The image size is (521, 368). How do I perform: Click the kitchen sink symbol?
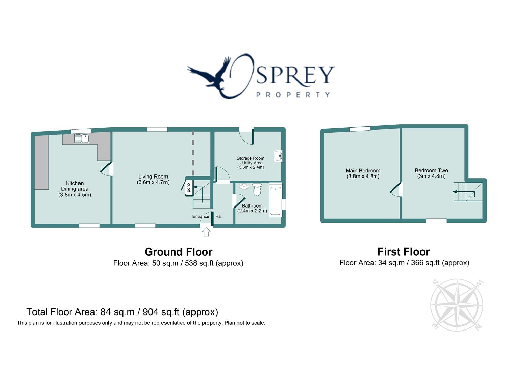82,138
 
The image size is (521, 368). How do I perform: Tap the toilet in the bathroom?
257,189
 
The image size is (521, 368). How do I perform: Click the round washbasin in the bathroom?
244,187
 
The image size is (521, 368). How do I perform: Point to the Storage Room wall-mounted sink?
278,156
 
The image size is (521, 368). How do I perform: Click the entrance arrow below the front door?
206,232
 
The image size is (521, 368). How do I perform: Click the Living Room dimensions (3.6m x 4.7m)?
153,182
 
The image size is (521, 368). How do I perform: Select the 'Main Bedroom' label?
363,171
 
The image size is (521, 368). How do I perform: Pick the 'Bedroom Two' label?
431,170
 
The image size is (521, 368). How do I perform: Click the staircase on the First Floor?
467,192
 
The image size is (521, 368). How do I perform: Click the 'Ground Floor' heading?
178,252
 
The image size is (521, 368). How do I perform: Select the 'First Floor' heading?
404,252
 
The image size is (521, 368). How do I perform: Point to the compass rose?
457,304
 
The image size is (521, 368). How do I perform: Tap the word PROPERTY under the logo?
293,95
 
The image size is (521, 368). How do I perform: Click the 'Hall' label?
219,216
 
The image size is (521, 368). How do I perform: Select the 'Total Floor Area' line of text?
122,312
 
